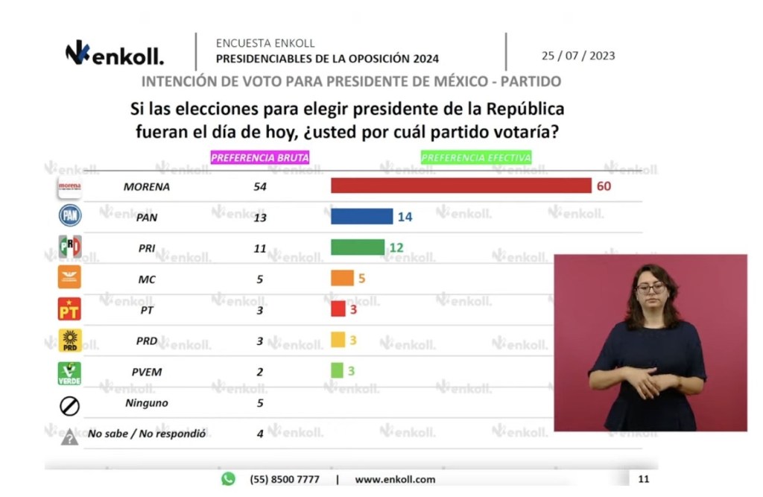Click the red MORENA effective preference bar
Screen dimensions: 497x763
coord(460,186)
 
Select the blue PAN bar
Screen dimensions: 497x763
coord(361,216)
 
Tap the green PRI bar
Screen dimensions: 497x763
coord(358,247)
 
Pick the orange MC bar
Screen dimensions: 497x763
coord(342,278)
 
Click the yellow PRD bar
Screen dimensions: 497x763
coord(338,340)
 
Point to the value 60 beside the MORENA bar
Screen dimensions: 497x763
coord(603,186)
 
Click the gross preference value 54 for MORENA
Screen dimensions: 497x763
coord(260,186)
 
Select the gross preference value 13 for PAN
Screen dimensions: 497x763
coord(260,217)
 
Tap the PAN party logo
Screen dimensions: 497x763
coord(70,215)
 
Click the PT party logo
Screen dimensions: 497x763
coord(69,308)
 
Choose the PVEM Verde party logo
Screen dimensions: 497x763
coord(69,373)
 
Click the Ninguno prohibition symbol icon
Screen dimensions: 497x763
coord(69,405)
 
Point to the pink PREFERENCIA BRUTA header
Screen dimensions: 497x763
coord(259,157)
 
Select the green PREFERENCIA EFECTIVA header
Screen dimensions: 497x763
coord(476,157)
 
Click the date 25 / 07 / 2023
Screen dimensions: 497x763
coord(578,56)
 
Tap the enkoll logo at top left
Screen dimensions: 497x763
coord(114,54)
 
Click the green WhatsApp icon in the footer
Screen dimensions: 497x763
coord(228,478)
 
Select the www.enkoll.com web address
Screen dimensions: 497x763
coord(395,479)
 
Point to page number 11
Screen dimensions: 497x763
coord(643,479)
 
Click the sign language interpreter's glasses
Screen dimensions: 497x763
coord(650,287)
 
